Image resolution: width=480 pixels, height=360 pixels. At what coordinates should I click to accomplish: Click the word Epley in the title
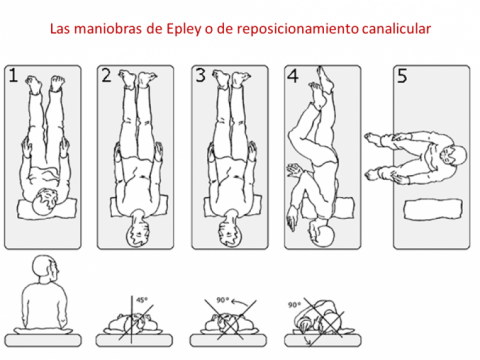[x=184, y=29]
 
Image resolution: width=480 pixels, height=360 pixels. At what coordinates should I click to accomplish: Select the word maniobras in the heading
[x=109, y=29]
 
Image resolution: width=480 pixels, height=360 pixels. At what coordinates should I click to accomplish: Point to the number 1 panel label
[x=13, y=76]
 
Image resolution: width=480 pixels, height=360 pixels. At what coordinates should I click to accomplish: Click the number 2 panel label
[x=106, y=76]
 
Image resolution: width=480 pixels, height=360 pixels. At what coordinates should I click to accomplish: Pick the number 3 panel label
[x=200, y=76]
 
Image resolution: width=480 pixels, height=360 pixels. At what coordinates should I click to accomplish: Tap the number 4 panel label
[x=293, y=76]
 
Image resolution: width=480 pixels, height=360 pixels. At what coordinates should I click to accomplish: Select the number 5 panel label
[x=402, y=76]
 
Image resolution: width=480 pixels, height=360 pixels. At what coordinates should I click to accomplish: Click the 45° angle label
[x=142, y=300]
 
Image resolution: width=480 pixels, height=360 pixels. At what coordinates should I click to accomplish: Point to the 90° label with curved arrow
[x=223, y=300]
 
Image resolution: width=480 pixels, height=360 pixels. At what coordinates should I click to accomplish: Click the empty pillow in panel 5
[x=433, y=210]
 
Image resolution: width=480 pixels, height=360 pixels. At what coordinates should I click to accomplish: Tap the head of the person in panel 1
[x=45, y=202]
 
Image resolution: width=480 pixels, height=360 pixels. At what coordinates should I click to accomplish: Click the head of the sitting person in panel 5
[x=454, y=155]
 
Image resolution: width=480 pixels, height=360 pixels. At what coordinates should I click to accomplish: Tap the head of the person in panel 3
[x=230, y=231]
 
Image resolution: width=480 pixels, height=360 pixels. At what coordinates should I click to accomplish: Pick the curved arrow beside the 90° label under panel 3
[x=241, y=303]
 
